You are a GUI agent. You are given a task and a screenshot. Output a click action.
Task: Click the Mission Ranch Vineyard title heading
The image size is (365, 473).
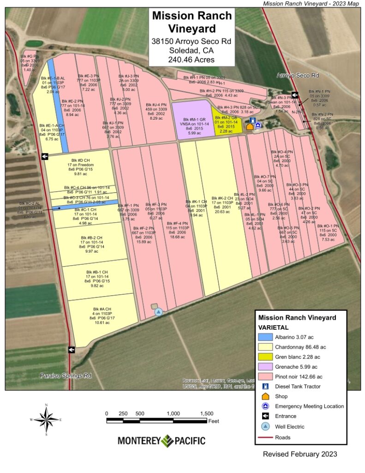click(192, 22)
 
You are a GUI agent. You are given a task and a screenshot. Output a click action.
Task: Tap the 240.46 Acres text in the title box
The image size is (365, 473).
click(192, 60)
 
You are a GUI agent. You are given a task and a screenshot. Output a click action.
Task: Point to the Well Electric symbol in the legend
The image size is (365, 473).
click(265, 426)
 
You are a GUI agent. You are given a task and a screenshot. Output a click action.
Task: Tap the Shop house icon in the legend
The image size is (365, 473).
click(265, 396)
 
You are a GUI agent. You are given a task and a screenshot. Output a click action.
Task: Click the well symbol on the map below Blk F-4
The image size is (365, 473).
click(159, 312)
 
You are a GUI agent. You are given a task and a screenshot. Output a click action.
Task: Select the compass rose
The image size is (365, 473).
click(46, 419)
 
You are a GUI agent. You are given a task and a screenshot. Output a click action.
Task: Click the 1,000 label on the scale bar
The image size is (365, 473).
click(174, 413)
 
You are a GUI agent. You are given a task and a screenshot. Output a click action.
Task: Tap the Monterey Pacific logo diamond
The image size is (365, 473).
click(167, 441)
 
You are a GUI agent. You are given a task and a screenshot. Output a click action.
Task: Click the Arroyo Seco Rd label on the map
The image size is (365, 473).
click(298, 75)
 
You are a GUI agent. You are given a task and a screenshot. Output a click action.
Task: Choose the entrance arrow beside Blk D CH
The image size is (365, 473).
click(45, 157)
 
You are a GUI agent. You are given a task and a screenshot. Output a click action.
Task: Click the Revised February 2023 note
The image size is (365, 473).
click(300, 454)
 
